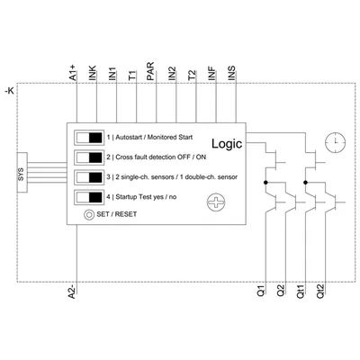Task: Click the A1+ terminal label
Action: point(73,73)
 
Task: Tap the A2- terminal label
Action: point(72,291)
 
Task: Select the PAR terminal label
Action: point(150,71)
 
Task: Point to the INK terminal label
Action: point(93,73)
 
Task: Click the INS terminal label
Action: point(232,73)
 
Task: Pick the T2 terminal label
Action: point(192,75)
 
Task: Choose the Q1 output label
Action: point(261,291)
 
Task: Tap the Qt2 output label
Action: point(320,292)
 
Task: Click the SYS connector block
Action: point(22,173)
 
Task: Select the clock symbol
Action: point(336,141)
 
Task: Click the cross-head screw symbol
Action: point(216,202)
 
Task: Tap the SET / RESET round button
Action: point(89,215)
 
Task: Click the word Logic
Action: point(227,144)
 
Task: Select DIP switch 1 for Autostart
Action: point(89,138)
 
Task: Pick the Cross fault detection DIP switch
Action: point(89,157)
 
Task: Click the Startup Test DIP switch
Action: point(89,197)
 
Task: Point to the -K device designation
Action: point(10,91)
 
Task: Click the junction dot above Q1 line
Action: point(265,183)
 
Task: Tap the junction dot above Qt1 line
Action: point(305,183)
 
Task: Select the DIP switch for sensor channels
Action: point(89,177)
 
